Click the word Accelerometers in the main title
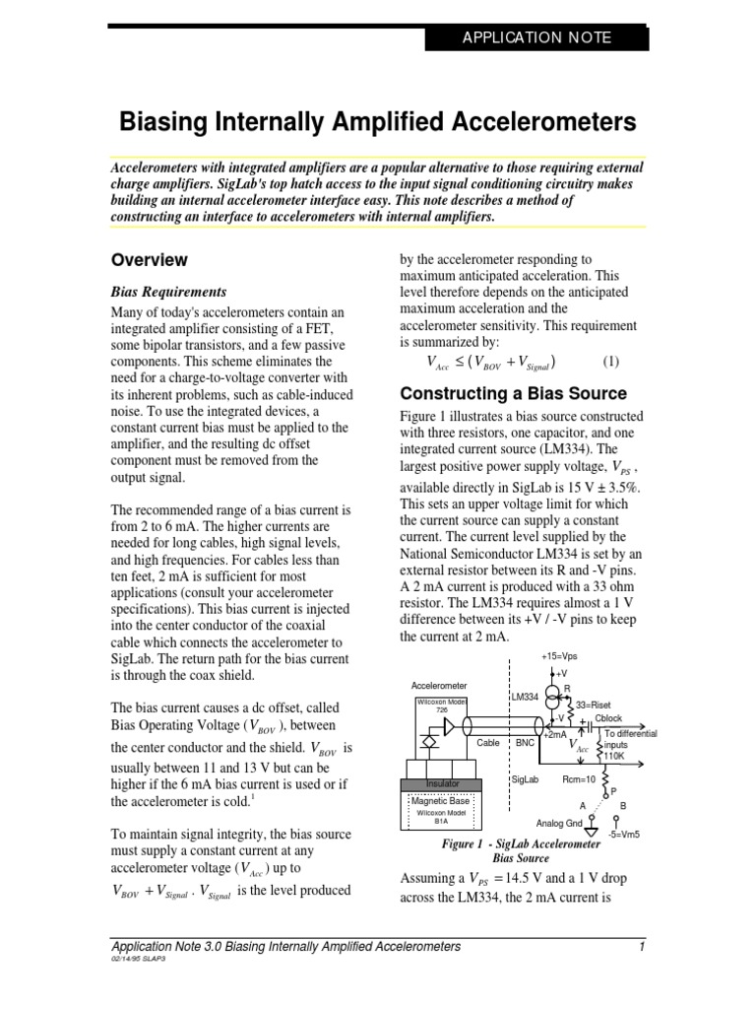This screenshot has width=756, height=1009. pyautogui.click(x=535, y=121)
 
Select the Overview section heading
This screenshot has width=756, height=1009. pyautogui.click(x=149, y=260)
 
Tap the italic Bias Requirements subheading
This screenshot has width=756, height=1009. pyautogui.click(x=168, y=292)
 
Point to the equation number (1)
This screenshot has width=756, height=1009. pyautogui.click(x=611, y=361)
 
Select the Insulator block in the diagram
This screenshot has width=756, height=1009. pyautogui.click(x=442, y=783)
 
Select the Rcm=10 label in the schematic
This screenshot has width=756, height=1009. pyautogui.click(x=579, y=778)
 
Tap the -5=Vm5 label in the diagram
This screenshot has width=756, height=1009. pyautogui.click(x=624, y=834)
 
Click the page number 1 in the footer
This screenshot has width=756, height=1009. pyautogui.click(x=641, y=947)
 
